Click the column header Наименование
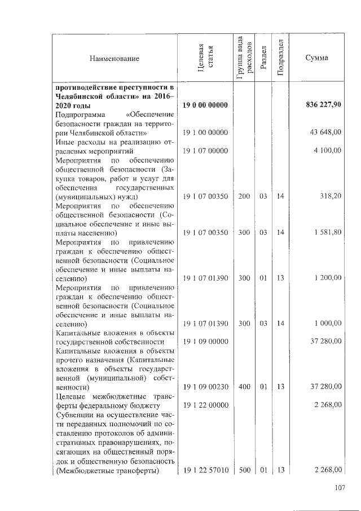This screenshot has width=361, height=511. pos(113,58)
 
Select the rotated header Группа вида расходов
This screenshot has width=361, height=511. pos(244,58)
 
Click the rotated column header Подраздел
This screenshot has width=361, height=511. pos(280,59)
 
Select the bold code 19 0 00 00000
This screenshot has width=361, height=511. pos(205,106)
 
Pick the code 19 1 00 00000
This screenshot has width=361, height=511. pos(205,132)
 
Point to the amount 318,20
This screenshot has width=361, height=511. pos(331,196)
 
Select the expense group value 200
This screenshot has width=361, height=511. pos(244,196)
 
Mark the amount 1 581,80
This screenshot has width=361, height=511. pos(327,233)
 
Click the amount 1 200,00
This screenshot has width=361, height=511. pos(327,278)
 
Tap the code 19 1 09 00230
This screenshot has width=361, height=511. pos(205,387)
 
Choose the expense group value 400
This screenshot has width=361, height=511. pos(244,387)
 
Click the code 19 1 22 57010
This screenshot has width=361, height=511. pos(205,470)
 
